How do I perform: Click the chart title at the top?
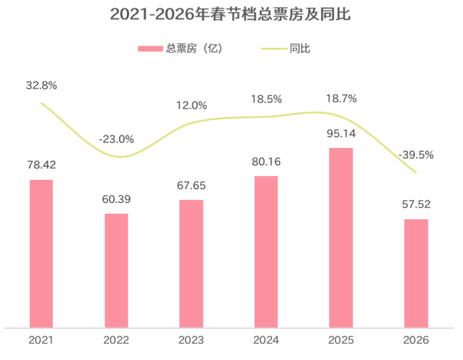click(x=230, y=15)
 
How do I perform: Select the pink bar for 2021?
click(x=41, y=253)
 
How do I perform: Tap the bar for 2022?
click(x=116, y=270)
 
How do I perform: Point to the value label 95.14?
click(x=341, y=134)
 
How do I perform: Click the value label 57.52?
click(x=416, y=204)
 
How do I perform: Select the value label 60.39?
click(x=116, y=200)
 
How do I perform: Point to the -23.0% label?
click(x=116, y=139)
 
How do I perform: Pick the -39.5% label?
click(x=416, y=155)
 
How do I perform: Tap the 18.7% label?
click(x=341, y=99)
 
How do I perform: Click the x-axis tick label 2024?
click(x=266, y=341)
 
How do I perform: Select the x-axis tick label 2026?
click(x=416, y=341)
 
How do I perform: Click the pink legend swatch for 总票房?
click(x=150, y=49)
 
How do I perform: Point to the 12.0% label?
click(x=191, y=105)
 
